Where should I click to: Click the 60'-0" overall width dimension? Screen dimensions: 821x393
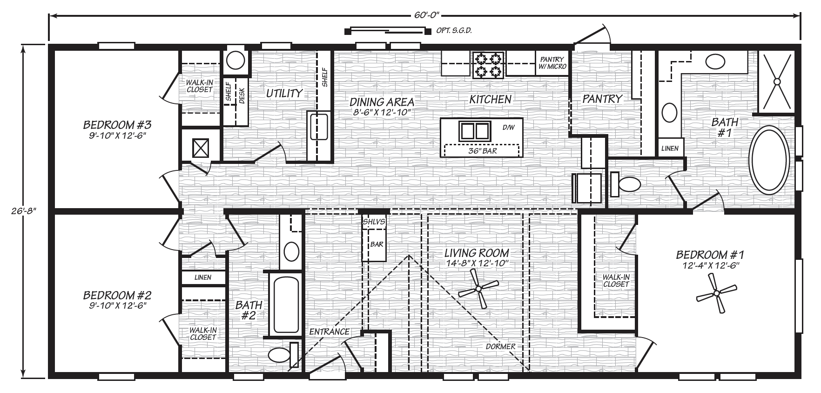(x=425, y=15)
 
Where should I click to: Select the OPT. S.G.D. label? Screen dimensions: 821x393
(x=454, y=31)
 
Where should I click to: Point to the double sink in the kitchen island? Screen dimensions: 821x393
(x=475, y=131)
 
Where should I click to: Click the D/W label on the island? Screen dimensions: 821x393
(x=508, y=127)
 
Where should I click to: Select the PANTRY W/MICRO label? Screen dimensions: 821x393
(x=552, y=63)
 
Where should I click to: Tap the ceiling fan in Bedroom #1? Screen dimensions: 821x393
(x=715, y=293)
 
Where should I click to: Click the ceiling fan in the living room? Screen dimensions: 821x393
(x=478, y=289)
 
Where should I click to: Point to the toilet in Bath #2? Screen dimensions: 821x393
(x=279, y=356)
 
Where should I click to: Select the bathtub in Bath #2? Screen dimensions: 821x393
(x=284, y=305)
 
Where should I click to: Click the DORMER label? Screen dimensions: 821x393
(x=500, y=346)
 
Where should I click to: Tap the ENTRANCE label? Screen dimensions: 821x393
(x=329, y=332)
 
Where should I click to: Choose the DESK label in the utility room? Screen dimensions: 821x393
(x=242, y=95)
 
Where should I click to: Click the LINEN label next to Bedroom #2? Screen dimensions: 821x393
(x=203, y=278)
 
